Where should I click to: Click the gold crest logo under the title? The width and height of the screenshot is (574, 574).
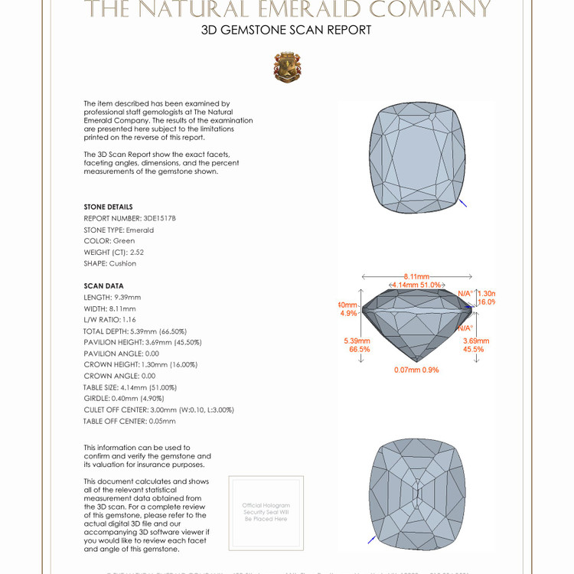287,67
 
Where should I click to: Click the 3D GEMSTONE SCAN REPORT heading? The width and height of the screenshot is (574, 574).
286,31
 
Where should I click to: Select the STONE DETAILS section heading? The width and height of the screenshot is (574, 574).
108,207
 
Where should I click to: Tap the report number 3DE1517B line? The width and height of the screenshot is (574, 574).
129,218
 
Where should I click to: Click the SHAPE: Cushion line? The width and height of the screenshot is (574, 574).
109,263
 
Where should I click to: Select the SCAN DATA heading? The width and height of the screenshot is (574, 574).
103,286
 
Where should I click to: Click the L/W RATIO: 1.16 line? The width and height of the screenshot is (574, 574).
109,319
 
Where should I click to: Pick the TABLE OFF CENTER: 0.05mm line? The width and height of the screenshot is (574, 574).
129,421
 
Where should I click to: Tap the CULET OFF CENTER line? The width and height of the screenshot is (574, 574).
158,409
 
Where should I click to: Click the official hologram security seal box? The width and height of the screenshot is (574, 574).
266,512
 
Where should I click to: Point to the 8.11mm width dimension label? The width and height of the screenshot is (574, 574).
416,276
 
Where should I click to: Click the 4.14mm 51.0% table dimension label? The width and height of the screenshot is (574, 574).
416,285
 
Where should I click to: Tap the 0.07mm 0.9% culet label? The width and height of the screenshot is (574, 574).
416,370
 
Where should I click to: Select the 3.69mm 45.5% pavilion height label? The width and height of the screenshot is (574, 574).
473,344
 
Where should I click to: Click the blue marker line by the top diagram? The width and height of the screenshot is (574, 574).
462,204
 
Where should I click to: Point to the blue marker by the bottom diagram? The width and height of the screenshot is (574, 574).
371,540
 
